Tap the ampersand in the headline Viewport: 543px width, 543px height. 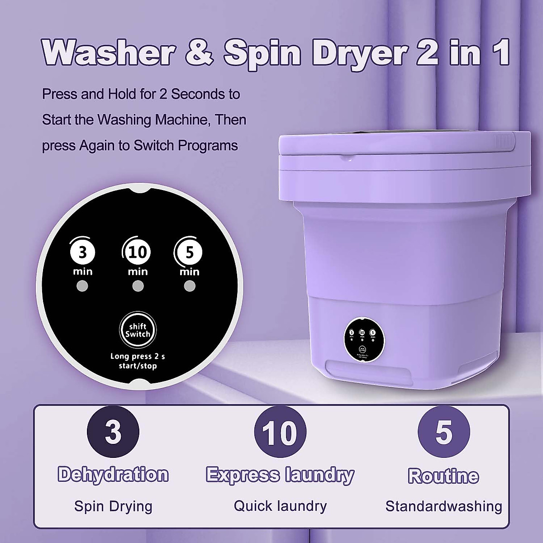[198, 53]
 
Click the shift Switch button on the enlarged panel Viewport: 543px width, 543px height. [137, 330]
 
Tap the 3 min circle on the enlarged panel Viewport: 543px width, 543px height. [82, 252]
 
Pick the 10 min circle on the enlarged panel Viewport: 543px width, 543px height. [137, 252]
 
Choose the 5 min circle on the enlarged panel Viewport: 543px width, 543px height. [189, 252]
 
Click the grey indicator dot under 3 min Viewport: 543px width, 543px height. [82, 286]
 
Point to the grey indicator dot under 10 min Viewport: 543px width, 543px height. [138, 286]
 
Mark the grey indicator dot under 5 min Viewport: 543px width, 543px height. [190, 286]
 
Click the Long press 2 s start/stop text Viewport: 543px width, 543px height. [138, 361]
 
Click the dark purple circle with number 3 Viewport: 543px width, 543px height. [113, 432]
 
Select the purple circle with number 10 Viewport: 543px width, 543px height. [280, 432]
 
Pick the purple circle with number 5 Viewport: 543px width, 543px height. [443, 432]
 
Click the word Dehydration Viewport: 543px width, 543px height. [113, 475]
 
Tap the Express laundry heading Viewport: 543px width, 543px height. [280, 475]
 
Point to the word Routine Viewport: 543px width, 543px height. [443, 476]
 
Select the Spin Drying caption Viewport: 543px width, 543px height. [113, 506]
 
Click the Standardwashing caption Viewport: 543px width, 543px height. [443, 506]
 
